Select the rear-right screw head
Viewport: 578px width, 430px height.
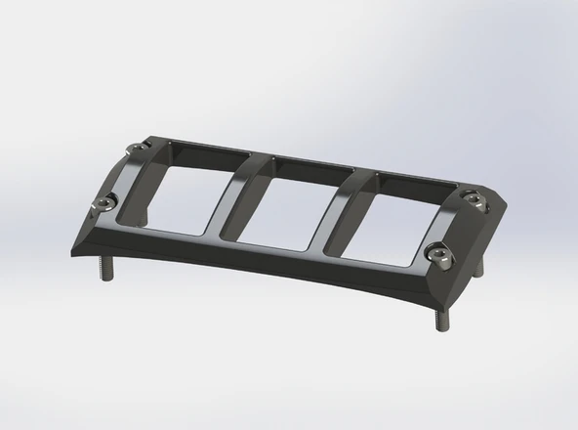tap(475, 200)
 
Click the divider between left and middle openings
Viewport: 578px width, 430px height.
tap(230, 194)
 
